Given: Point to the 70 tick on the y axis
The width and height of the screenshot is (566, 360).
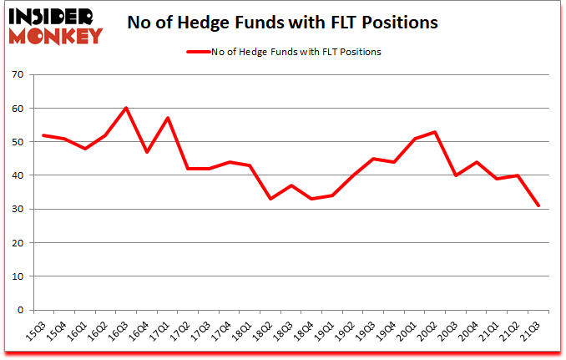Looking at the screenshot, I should tap(17, 75).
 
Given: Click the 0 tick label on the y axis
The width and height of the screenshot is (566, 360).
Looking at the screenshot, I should tap(20, 310).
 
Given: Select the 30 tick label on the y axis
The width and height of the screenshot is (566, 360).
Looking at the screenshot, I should tap(17, 210).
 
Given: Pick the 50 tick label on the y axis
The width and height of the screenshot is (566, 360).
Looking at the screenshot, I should tap(17, 142).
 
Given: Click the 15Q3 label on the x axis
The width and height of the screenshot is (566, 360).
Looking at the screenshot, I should tap(36, 332).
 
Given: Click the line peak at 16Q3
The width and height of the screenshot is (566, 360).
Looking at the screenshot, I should tap(126, 109).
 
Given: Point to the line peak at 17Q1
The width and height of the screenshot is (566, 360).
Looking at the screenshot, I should tap(167, 119).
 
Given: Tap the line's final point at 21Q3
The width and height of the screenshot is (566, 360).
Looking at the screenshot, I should tap(539, 205).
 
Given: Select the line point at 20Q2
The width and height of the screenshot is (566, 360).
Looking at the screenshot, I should tap(436, 132).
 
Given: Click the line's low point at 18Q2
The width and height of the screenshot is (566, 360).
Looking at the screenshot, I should tap(270, 199).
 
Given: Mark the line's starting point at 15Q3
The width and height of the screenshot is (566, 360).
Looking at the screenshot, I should tap(43, 135).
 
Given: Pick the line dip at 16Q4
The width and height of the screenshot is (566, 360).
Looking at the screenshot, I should tap(147, 152).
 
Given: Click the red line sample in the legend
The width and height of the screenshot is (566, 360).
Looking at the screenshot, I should tap(199, 52).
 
